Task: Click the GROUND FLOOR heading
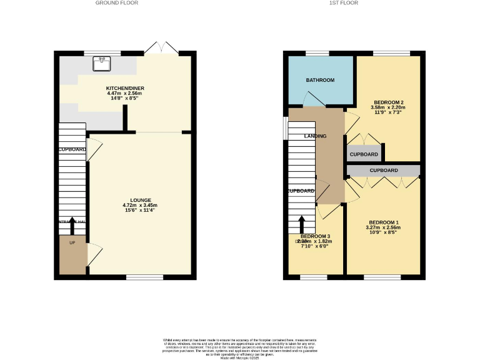[116, 3]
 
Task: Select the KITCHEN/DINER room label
[125, 89]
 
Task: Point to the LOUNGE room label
[141, 200]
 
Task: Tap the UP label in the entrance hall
[72, 242]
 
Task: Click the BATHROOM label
[320, 80]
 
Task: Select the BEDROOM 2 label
[389, 102]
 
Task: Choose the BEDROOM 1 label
[384, 222]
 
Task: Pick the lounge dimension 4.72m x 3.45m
[141, 206]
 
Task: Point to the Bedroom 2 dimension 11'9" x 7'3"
[389, 113]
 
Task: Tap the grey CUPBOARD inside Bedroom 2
[363, 154]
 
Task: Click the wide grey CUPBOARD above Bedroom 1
[383, 170]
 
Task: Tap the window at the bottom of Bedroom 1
[382, 277]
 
